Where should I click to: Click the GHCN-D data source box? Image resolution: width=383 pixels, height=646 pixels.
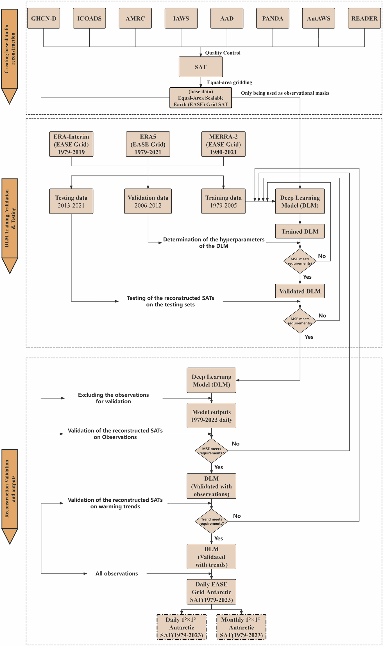tap(44, 18)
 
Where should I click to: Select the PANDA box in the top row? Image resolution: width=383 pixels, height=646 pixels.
tap(273, 18)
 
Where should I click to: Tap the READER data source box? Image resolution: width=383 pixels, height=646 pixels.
tap(364, 18)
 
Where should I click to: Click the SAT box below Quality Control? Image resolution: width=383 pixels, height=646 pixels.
tap(201, 67)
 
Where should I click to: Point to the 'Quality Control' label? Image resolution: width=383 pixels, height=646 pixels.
tap(223, 53)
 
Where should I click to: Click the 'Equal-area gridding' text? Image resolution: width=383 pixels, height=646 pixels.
tap(229, 82)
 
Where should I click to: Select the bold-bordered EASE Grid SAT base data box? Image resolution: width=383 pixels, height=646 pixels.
tap(201, 98)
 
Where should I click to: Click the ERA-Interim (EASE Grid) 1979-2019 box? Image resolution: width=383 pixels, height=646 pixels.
tap(71, 144)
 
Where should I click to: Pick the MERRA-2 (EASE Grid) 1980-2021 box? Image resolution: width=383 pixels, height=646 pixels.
tap(223, 144)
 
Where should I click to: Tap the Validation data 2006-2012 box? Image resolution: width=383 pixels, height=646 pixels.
tap(148, 201)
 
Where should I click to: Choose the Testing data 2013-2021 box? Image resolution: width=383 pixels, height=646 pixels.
tap(71, 201)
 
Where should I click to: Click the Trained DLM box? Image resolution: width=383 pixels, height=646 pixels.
tap(300, 231)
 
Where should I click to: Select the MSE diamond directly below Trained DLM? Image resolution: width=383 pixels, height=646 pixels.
tap(300, 261)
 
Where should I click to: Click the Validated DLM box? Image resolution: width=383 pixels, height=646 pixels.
tap(300, 291)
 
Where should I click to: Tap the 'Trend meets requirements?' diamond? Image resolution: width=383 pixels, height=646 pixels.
tap(211, 521)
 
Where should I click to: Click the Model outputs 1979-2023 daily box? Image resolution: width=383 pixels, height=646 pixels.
tap(211, 415)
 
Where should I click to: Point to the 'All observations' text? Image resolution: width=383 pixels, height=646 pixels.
tap(117, 574)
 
